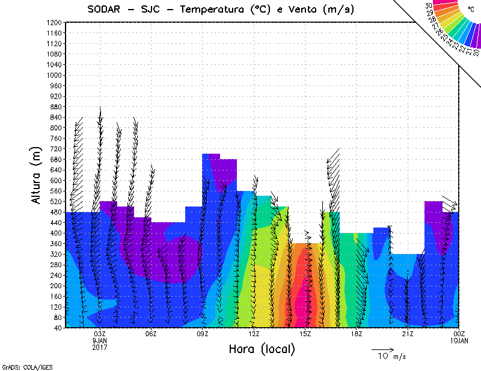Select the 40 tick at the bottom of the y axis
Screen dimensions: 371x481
[58, 327]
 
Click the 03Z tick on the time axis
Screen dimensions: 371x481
[100, 334]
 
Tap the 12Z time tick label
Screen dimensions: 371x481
[254, 334]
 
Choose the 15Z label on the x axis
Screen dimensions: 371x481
[305, 334]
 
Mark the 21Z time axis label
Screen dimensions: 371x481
[408, 334]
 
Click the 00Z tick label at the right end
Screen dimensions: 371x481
[459, 334]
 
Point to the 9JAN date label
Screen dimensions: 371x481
[100, 340]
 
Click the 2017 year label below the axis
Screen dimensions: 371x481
[100, 347]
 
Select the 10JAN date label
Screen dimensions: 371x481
[459, 340]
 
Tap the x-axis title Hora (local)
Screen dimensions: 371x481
[262, 349]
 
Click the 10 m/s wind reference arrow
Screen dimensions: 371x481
[382, 349]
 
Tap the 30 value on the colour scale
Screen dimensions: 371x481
[429, 5]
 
